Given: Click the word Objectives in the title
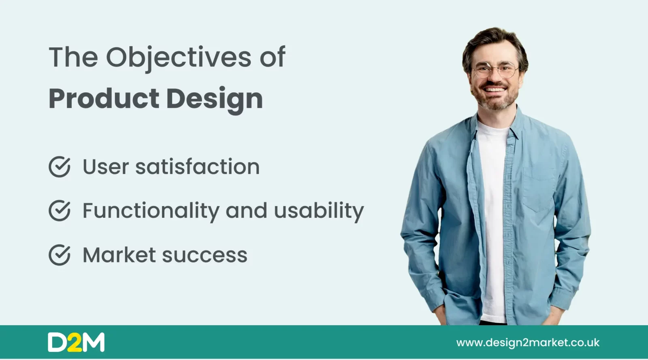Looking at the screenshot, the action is pos(179,58).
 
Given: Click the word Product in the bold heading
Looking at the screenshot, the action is pos(104,98).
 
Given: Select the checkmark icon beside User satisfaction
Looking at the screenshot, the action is pos(60,166).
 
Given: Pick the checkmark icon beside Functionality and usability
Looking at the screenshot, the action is pos(60,210).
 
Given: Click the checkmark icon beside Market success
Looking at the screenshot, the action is pos(60,255).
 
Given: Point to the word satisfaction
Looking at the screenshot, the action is pos(198,166).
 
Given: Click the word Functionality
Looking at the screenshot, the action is pos(151,211).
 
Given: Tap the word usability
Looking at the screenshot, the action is pos(319,211).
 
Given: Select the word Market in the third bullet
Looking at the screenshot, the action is pos(119,255).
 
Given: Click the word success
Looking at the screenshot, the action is pos(205,256).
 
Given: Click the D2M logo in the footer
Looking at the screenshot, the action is pos(77,342).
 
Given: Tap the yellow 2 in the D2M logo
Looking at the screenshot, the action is pos(75,342).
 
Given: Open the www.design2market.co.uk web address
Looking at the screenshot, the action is pos(528,343).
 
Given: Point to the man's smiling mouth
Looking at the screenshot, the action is pos(495,89).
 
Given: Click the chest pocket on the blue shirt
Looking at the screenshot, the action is pos(539,190).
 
